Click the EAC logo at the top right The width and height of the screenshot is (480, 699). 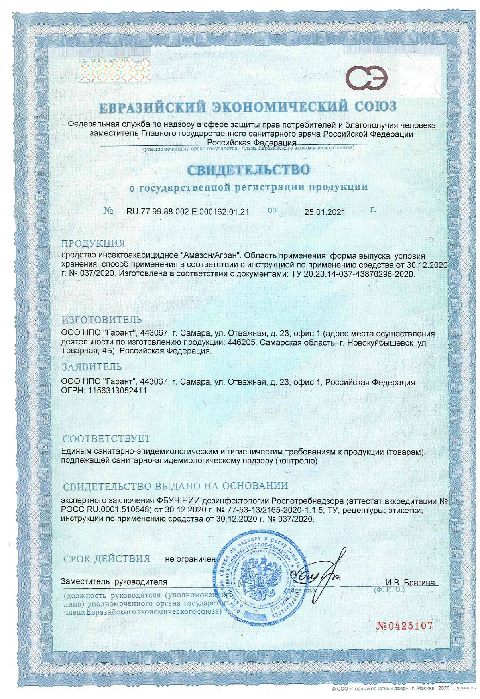(366, 78)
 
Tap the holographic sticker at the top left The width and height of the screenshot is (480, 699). (113, 71)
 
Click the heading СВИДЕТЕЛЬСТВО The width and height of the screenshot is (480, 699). (248, 170)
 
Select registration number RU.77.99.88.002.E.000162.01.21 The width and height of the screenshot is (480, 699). (187, 212)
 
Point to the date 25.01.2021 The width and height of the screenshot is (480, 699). (325, 212)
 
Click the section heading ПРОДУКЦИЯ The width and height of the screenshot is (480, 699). (93, 243)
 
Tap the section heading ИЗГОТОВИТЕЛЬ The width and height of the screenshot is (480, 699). (102, 320)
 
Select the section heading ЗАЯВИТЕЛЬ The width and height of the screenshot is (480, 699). (92, 367)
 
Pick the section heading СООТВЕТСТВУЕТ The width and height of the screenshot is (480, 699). (106, 438)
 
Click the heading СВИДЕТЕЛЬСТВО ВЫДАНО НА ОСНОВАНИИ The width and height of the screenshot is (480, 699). (175, 486)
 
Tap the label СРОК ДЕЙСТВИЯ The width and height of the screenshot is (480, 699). (106, 559)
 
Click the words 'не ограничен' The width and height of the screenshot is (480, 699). (191, 559)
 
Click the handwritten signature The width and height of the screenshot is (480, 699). (319, 574)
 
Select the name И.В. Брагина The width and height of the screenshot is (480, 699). (410, 583)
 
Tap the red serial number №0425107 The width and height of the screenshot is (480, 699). (404, 626)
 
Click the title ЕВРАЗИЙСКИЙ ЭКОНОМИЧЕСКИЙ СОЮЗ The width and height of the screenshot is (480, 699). (248, 107)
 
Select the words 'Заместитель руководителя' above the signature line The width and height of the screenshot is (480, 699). (114, 581)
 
